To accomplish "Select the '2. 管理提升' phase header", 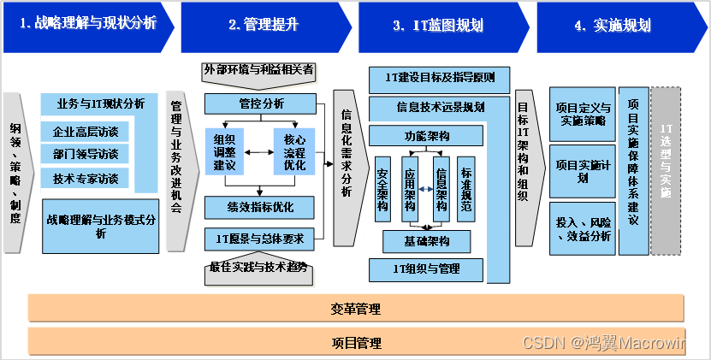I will click(x=263, y=25).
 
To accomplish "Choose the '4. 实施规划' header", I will click(x=612, y=25).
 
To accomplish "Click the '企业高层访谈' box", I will click(x=86, y=132).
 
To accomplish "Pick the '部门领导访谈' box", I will click(x=86, y=154).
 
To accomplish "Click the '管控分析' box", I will click(x=261, y=103).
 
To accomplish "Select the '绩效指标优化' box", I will click(x=259, y=208).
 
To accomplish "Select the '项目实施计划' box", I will click(x=582, y=171).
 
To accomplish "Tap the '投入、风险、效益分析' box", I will click(x=582, y=228).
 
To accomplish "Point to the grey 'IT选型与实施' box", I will click(x=666, y=170).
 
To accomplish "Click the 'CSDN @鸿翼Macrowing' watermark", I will click(x=609, y=343).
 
